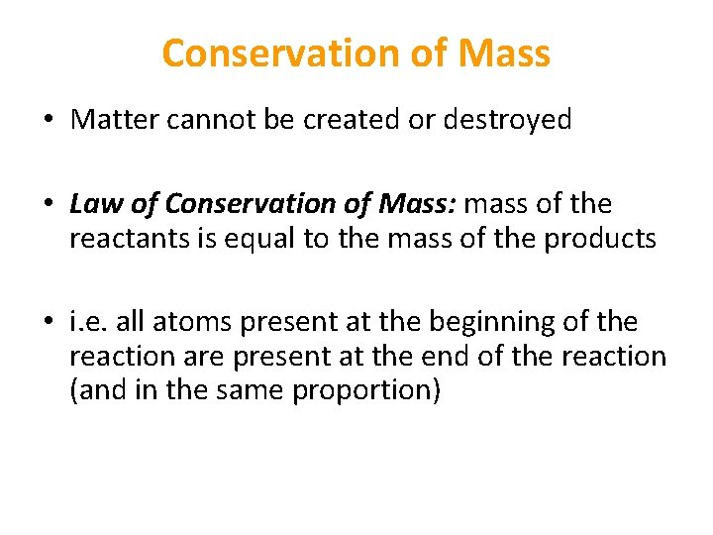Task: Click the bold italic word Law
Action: pos(93,204)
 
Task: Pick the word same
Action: pos(246,391)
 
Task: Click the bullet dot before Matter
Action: pos(48,121)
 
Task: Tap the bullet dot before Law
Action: pos(48,205)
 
